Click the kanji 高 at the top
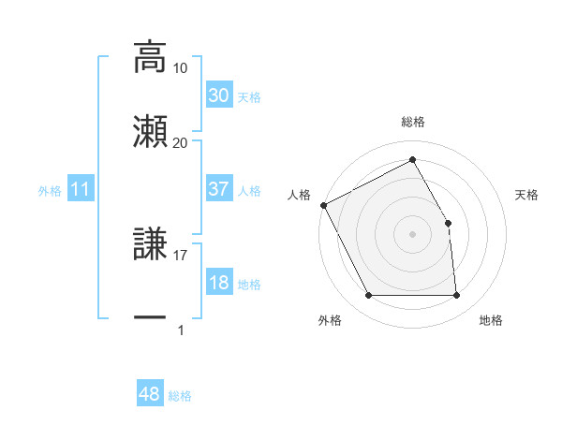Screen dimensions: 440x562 150,56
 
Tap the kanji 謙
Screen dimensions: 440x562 150,245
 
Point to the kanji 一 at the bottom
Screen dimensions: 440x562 150,317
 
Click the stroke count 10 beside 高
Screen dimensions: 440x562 181,68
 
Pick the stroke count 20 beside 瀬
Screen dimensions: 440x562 181,142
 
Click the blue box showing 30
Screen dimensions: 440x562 219,95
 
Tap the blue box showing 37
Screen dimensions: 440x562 219,189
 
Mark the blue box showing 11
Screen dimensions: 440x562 81,190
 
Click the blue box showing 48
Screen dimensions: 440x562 150,395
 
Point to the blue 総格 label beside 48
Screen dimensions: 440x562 180,396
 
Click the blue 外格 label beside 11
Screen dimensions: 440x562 50,191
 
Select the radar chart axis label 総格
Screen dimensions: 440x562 412,123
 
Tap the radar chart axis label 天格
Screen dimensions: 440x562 527,195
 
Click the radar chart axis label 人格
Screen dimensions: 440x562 300,195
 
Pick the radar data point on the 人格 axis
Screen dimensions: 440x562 323,205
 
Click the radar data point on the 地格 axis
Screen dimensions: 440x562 456,296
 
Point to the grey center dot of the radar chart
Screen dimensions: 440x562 412,234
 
